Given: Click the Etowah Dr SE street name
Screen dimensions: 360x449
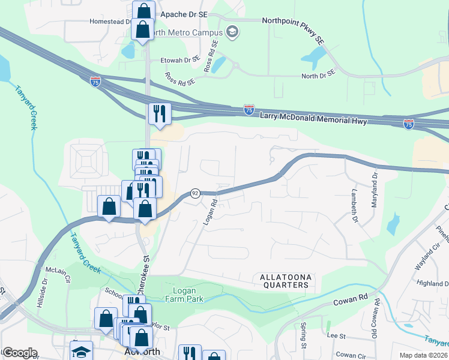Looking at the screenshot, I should [179, 60].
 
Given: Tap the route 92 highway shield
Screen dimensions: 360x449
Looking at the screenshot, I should [195, 193].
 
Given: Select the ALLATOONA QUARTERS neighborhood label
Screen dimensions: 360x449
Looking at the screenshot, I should [285, 281].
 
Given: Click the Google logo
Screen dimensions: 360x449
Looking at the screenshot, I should [20, 353].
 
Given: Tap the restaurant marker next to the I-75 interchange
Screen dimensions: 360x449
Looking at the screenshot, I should [160, 113].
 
